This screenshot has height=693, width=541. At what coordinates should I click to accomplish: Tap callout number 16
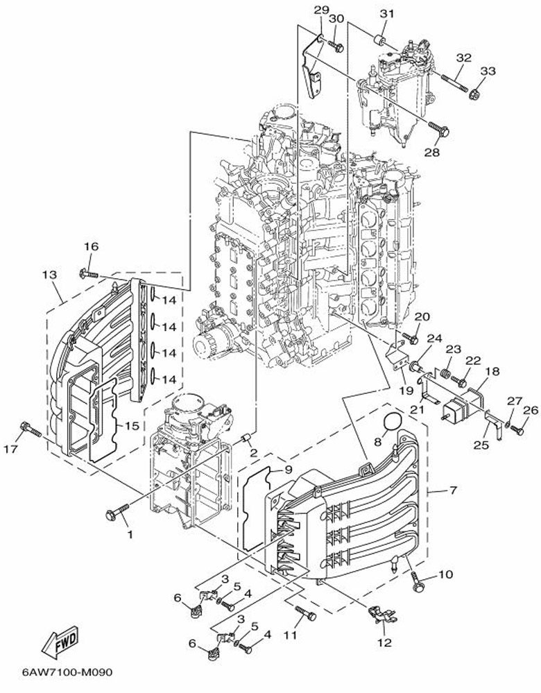pos(91,246)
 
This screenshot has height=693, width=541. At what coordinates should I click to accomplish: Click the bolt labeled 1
pos(117,513)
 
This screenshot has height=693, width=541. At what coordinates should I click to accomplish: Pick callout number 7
pos(452,490)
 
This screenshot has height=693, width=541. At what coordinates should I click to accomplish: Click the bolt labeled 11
pos(304,613)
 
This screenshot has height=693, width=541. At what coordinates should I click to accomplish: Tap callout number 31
pos(386,13)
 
